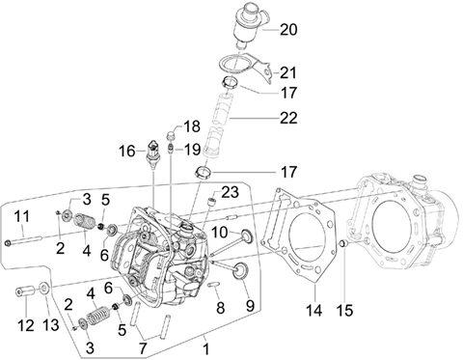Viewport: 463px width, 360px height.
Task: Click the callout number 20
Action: [x=288, y=30]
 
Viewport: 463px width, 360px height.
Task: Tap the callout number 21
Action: [x=287, y=73]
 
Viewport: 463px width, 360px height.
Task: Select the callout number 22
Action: [x=288, y=118]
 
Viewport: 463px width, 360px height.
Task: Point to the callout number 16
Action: [x=127, y=152]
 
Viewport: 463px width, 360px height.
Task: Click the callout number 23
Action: [x=231, y=192]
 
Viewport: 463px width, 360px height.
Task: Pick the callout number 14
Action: [x=313, y=311]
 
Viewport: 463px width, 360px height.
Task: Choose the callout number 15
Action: [x=344, y=311]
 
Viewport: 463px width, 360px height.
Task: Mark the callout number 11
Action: [x=21, y=216]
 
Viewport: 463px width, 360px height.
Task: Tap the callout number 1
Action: [x=206, y=349]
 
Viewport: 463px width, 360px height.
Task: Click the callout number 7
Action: [x=143, y=348]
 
